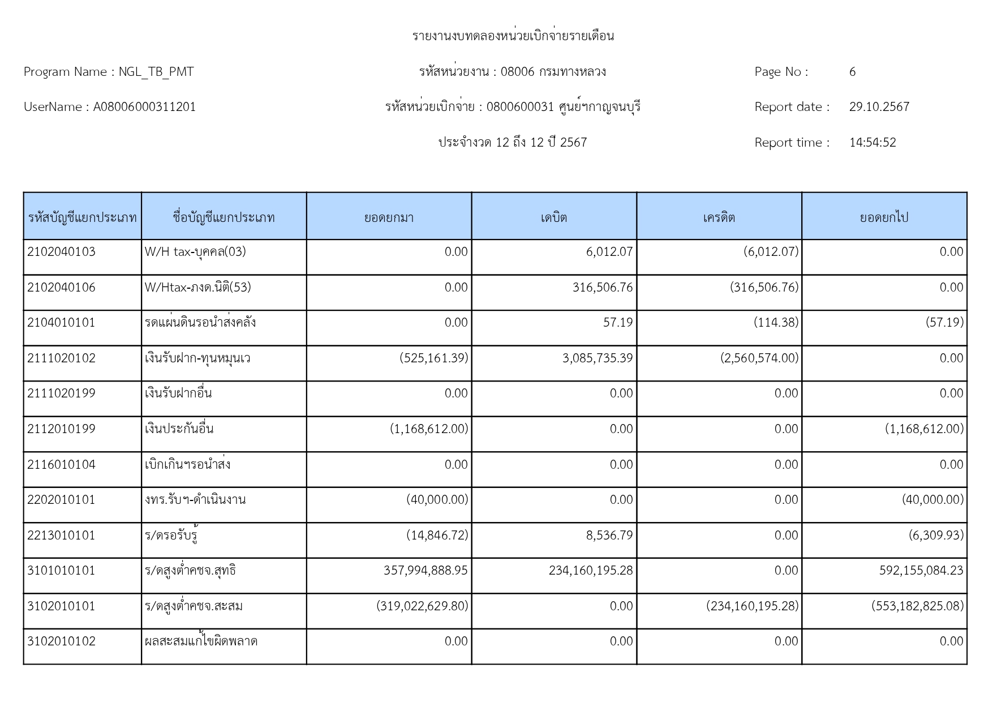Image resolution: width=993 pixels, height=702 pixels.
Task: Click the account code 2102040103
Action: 61,252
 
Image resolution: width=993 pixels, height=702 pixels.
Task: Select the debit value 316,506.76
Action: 602,288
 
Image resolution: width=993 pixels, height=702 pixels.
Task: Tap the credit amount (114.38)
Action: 776,323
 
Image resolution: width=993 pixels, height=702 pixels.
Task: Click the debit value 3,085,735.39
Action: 597,358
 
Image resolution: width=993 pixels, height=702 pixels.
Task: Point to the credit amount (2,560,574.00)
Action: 759,358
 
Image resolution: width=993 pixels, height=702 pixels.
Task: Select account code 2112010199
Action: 61,429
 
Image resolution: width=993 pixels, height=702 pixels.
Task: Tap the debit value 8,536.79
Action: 609,536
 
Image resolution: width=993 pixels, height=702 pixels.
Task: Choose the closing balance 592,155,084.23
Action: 921,571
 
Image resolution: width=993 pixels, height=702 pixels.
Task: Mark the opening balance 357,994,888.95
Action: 425,571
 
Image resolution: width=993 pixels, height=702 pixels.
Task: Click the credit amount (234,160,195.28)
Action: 752,606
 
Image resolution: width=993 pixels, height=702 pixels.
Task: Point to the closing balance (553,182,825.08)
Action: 917,606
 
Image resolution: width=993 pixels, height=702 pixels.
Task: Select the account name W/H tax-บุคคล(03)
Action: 195,252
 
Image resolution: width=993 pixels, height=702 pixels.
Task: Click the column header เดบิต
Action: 554,217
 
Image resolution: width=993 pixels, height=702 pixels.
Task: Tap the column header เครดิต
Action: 719,217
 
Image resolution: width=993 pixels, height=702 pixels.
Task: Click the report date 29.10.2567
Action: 879,107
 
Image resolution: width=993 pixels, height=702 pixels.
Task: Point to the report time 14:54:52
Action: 872,143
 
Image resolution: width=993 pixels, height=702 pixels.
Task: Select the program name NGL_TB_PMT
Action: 156,72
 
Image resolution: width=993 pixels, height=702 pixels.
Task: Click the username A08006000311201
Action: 144,107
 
